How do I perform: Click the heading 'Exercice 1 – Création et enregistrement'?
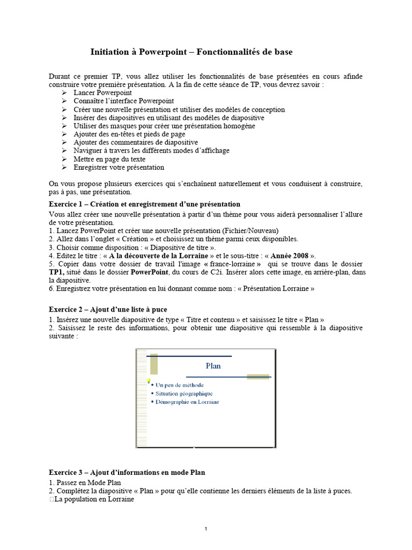144,204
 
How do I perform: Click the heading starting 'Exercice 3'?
127,472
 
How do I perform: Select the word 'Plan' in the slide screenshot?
213,366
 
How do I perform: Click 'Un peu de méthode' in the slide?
180,385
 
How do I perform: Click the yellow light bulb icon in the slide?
149,381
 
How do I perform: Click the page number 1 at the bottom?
205,529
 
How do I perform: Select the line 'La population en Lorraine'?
94,499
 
